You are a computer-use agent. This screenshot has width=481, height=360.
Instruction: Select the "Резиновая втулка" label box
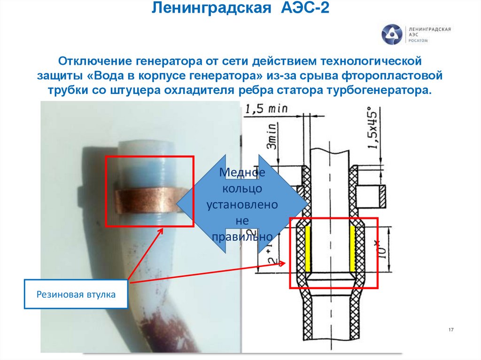coord(76,294)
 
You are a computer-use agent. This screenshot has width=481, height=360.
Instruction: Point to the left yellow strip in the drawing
coord(308,249)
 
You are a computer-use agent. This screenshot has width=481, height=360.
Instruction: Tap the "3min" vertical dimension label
coord(271,137)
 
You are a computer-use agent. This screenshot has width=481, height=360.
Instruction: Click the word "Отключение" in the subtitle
coord(94,61)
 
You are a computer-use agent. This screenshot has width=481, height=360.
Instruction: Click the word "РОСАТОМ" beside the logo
coord(419,41)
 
